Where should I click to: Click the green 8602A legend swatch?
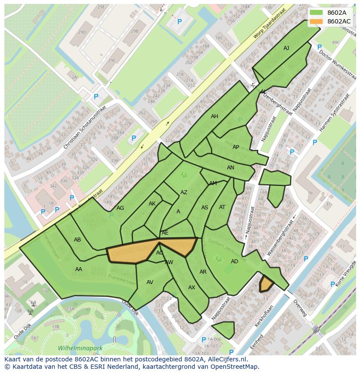pyautogui.click(x=316, y=13)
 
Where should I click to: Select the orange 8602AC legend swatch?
pyautogui.click(x=316, y=21)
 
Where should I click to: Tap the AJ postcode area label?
pyautogui.click(x=286, y=48)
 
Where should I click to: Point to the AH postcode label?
pyautogui.click(x=214, y=116)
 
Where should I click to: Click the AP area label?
pyautogui.click(x=236, y=147)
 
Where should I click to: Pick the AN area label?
pyautogui.click(x=230, y=168)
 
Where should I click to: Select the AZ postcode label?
pyautogui.click(x=184, y=192)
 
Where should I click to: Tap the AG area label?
pyautogui.click(x=120, y=208)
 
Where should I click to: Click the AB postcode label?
pyautogui.click(x=77, y=240)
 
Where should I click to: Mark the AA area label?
pyautogui.click(x=78, y=269)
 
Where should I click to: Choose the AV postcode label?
pyautogui.click(x=150, y=282)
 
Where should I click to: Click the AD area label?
pyautogui.click(x=234, y=261)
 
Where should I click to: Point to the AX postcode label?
pyautogui.click(x=192, y=288)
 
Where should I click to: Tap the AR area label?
pyautogui.click(x=203, y=272)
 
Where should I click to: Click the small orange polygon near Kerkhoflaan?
pyautogui.click(x=266, y=284)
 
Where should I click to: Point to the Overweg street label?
pyautogui.click(x=300, y=308)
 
